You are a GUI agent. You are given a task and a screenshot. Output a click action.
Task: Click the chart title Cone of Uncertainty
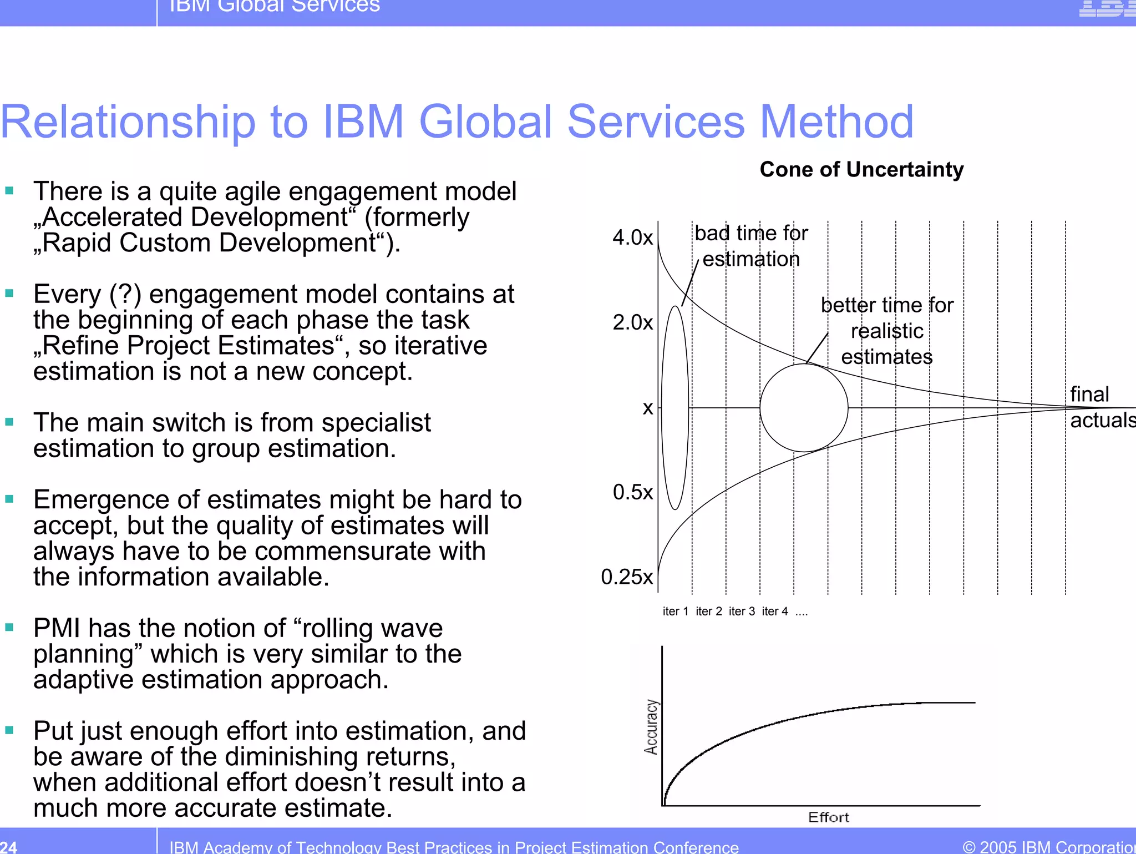pos(861,169)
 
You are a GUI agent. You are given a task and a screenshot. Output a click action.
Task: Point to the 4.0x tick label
pos(632,237)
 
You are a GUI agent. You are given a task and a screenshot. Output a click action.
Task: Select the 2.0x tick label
pos(632,322)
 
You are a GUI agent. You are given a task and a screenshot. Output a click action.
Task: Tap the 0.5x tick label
pos(632,492)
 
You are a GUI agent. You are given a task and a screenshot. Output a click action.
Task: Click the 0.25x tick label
pos(627,577)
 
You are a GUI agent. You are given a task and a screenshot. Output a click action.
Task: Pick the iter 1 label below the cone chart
pos(675,612)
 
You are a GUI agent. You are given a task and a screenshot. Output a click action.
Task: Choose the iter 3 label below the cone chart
pos(742,612)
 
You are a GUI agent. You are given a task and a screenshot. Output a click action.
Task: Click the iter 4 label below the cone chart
pos(775,612)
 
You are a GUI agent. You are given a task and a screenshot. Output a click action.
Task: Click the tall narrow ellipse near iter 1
pos(675,408)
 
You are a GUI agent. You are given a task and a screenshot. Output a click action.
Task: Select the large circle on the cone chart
pos(804,408)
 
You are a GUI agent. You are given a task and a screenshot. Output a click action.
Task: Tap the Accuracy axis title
pos(651,727)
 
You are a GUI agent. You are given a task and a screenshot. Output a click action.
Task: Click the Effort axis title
pos(828,817)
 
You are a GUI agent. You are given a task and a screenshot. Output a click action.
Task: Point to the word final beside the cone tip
pos(1089,395)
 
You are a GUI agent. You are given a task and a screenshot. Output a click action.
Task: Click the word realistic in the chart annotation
pos(887,331)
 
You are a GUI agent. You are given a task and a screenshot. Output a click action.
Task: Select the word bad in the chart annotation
pos(712,234)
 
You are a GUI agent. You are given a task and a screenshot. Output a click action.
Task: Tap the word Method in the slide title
pos(836,122)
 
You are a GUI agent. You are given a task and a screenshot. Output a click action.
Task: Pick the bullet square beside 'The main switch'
pos(9,422)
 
